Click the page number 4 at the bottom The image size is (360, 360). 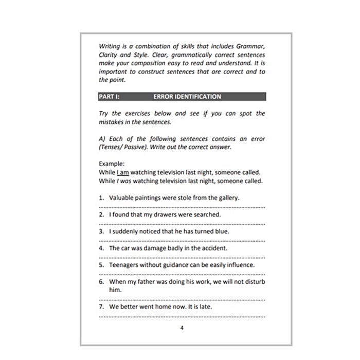coord(182,328)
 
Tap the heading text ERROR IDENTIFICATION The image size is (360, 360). coord(187,97)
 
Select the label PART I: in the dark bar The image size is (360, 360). coord(109,97)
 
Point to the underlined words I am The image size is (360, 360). coord(123,173)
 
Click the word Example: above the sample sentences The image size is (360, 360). coord(111,165)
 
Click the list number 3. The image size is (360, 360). coord(101,231)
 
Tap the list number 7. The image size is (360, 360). coord(101,307)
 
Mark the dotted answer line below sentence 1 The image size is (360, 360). coord(182,207)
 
